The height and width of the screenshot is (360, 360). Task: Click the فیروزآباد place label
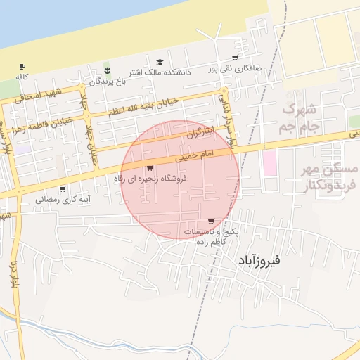(x=255, y=260)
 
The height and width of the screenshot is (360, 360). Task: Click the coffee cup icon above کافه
(x=22, y=66)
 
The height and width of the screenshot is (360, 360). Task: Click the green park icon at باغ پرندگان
(x=107, y=69)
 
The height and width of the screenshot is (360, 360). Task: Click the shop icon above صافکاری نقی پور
(x=234, y=58)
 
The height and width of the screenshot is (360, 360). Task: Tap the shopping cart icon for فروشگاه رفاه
(x=149, y=167)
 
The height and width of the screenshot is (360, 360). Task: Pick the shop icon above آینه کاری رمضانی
(x=63, y=188)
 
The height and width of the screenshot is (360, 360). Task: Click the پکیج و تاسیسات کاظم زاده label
(x=211, y=236)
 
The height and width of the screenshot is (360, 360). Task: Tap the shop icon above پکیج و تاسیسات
(x=211, y=221)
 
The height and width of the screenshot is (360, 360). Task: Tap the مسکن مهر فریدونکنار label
(x=330, y=177)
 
